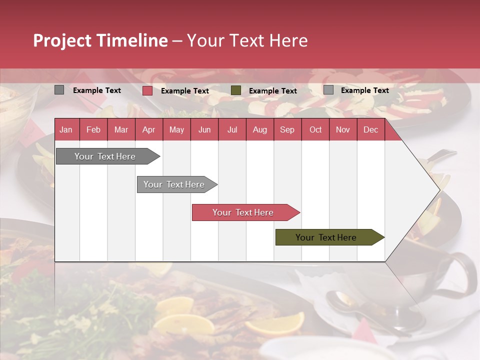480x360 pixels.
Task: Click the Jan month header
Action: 66,130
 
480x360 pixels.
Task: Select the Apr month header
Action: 148,130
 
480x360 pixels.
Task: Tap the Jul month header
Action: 232,130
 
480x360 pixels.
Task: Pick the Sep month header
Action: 287,130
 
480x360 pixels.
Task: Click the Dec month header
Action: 370,130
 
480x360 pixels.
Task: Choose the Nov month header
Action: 342,130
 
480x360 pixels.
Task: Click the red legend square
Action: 147,90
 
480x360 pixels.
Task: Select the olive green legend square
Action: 236,90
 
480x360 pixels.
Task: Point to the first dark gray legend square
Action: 59,90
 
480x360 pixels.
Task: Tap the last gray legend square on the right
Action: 328,90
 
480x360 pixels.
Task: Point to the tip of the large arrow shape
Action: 439,190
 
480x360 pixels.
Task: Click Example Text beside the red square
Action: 184,91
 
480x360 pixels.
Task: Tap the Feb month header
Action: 93,130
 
